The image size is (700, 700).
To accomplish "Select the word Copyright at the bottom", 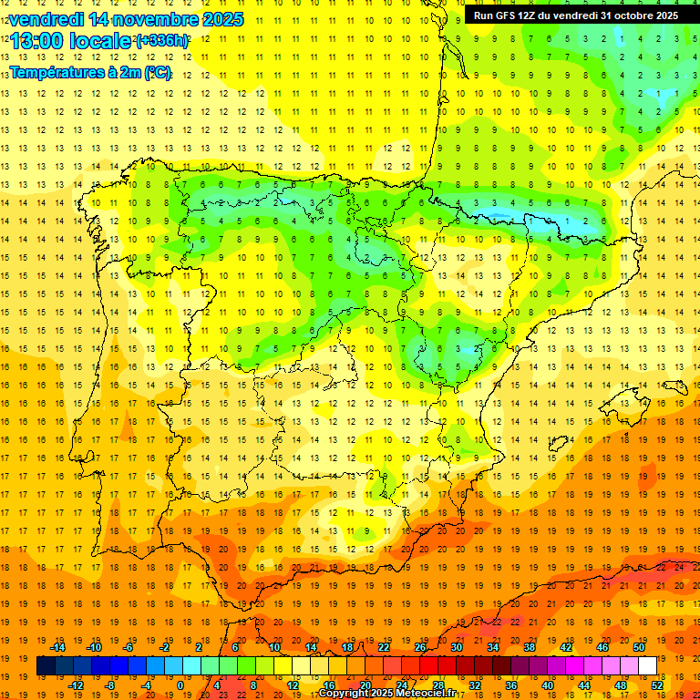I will pos(345,694).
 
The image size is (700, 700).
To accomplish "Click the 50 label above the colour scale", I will pos(639,647).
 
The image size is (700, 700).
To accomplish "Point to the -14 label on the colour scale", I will pos(57,647).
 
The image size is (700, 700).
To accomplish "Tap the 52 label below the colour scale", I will pos(656,685).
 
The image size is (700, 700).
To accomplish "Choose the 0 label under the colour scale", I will pos(182,685).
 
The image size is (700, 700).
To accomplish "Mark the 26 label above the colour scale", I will pos(420,647).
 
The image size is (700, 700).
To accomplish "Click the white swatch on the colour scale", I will pos(648,666).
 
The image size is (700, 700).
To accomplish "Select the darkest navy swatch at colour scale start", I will pos(46,666).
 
